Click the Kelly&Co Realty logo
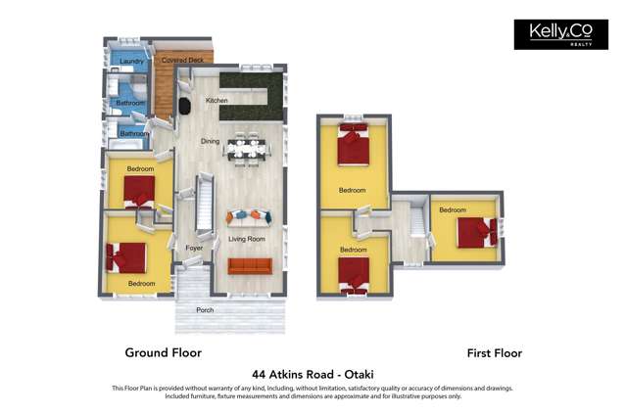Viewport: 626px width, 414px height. [x=561, y=34]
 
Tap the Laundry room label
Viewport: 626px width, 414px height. [x=131, y=61]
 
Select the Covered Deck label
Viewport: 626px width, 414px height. [x=182, y=60]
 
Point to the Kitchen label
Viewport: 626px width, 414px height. [x=217, y=101]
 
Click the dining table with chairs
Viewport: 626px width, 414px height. [x=246, y=149]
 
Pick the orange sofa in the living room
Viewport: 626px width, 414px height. [x=250, y=266]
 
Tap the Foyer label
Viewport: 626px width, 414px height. [x=194, y=248]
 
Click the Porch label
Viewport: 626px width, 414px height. [x=205, y=310]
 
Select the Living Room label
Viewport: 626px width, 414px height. [x=247, y=239]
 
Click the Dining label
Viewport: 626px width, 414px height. [x=210, y=141]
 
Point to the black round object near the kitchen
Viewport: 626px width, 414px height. [x=184, y=106]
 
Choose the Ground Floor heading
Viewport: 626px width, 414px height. [x=164, y=352]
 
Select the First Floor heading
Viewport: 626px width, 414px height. [x=495, y=353]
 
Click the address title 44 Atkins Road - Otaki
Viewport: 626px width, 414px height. [x=313, y=375]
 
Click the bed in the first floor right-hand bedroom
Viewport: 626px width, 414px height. [x=477, y=232]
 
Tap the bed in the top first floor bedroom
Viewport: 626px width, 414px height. [x=353, y=144]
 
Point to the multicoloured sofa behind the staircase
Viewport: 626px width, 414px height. [x=249, y=216]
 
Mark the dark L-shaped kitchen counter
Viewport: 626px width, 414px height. [x=252, y=96]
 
